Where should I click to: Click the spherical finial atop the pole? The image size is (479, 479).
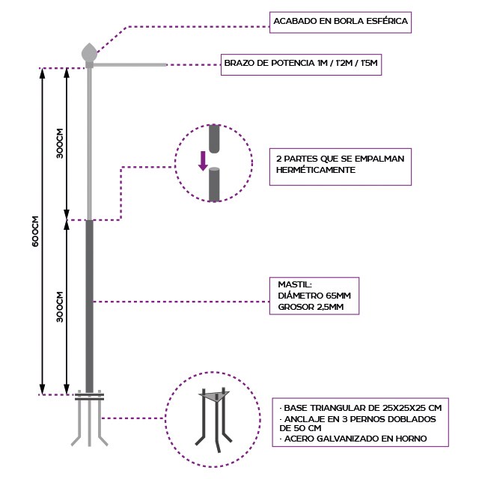pyautogui.click(x=89, y=53)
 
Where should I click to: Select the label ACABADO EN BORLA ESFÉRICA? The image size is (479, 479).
pyautogui.click(x=341, y=22)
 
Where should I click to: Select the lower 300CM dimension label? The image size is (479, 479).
pyautogui.click(x=59, y=306)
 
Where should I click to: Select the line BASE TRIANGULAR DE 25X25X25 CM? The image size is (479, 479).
pyautogui.click(x=359, y=407)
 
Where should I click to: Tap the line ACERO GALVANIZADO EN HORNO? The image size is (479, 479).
pyautogui.click(x=356, y=439)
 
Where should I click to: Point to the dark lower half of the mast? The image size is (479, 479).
pyautogui.click(x=90, y=307)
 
